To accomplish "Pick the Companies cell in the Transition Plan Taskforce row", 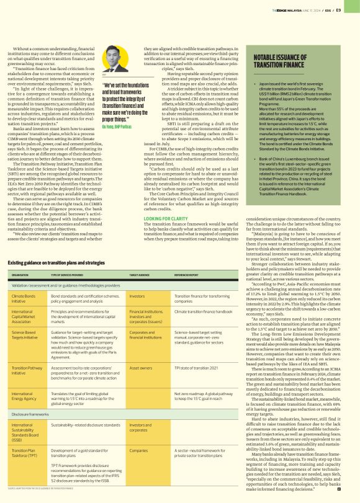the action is tap(138, 450).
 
